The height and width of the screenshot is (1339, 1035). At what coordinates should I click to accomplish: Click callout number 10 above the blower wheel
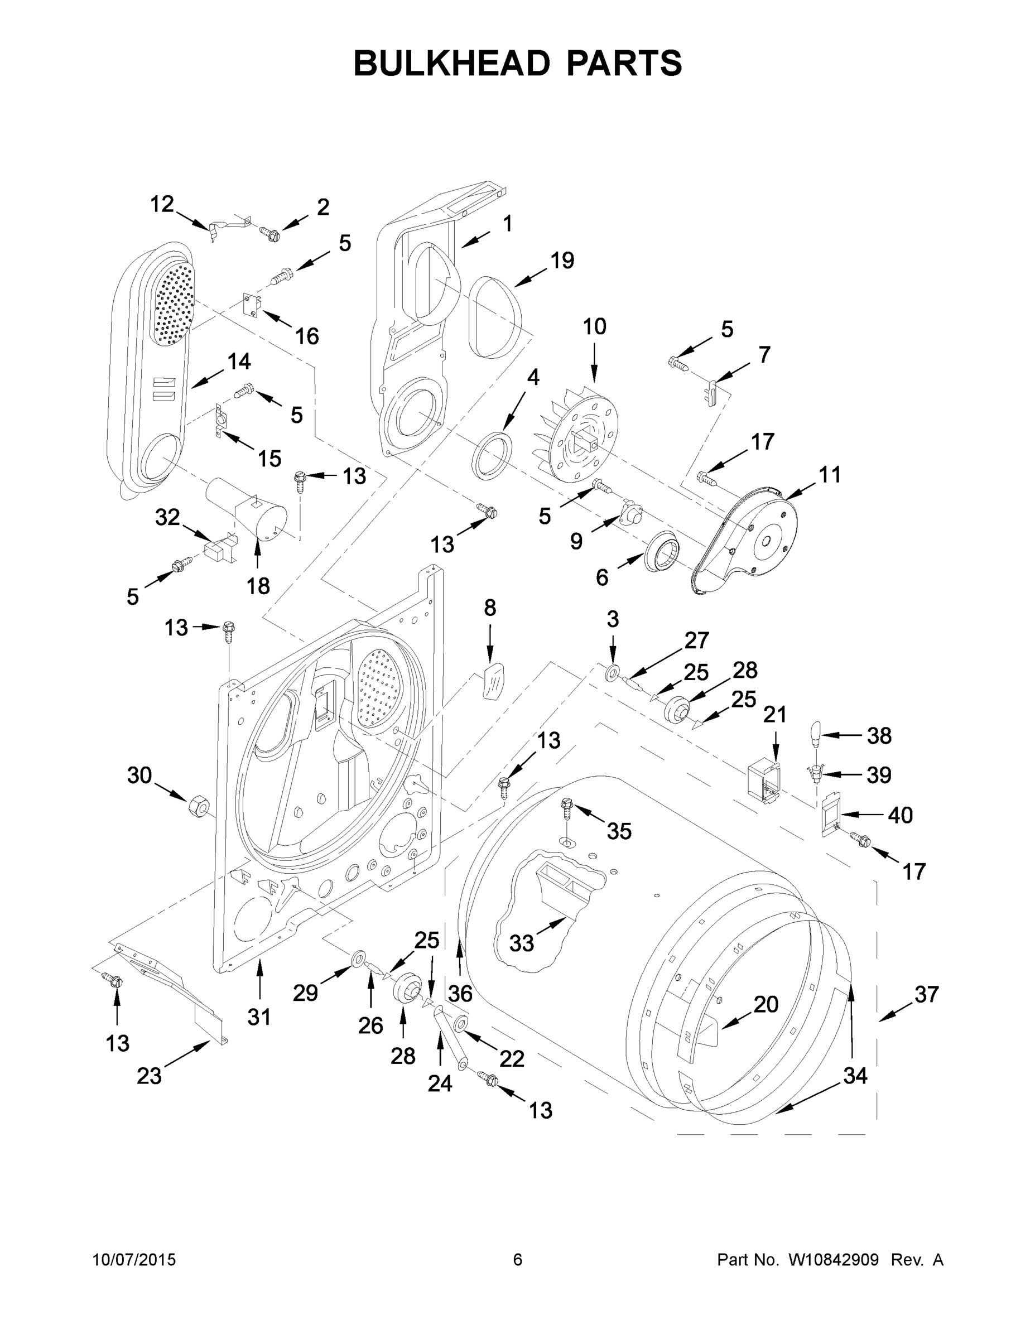594,327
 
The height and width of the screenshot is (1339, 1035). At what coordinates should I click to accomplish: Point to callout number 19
562,261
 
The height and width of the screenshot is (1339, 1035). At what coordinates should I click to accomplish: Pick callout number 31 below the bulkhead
259,1017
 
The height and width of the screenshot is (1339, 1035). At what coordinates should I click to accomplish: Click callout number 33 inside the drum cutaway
521,943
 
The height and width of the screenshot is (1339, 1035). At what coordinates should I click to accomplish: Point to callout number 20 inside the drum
766,1004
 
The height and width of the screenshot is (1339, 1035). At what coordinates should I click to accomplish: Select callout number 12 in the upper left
162,204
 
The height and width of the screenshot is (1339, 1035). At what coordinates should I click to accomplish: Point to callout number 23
149,1076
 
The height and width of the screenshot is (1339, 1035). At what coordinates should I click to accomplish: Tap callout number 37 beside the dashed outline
926,994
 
